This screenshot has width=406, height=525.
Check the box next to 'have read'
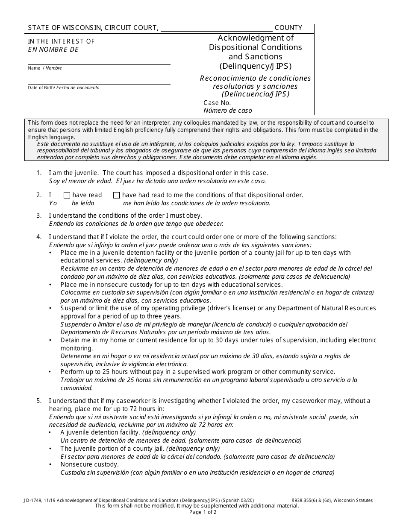tap(67, 195)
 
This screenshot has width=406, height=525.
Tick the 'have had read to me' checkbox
tap(116, 195)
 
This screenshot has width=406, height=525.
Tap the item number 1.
tap(39, 173)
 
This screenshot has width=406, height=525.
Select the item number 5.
tap(39, 401)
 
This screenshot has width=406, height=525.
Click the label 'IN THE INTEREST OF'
tap(62, 41)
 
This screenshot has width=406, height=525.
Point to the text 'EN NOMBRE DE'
tap(53, 49)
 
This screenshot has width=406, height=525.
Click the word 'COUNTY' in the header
tap(288, 28)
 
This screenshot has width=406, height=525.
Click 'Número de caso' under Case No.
tap(228, 111)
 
